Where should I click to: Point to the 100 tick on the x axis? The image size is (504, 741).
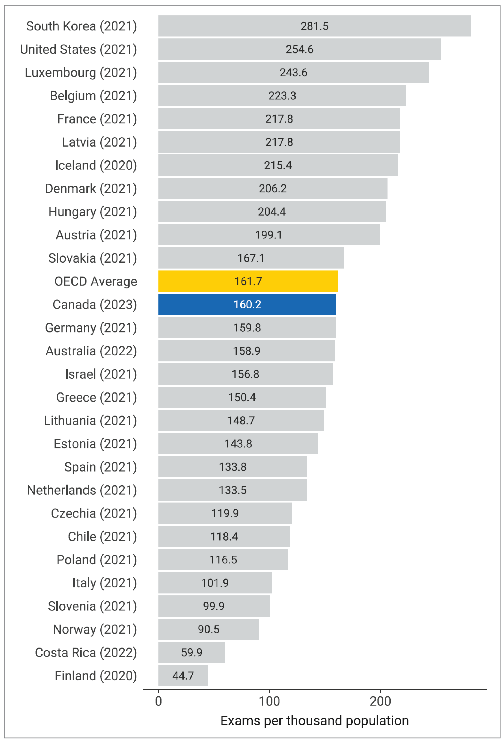(x=269, y=701)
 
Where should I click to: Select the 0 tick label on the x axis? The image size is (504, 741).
(x=158, y=701)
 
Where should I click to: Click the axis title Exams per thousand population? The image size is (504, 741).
(x=314, y=721)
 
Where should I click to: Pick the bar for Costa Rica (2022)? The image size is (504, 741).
(x=192, y=652)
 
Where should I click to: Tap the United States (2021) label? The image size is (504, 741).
(x=78, y=49)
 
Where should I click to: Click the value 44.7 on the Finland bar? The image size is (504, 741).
(x=183, y=676)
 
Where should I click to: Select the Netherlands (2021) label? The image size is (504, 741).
(x=82, y=490)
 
